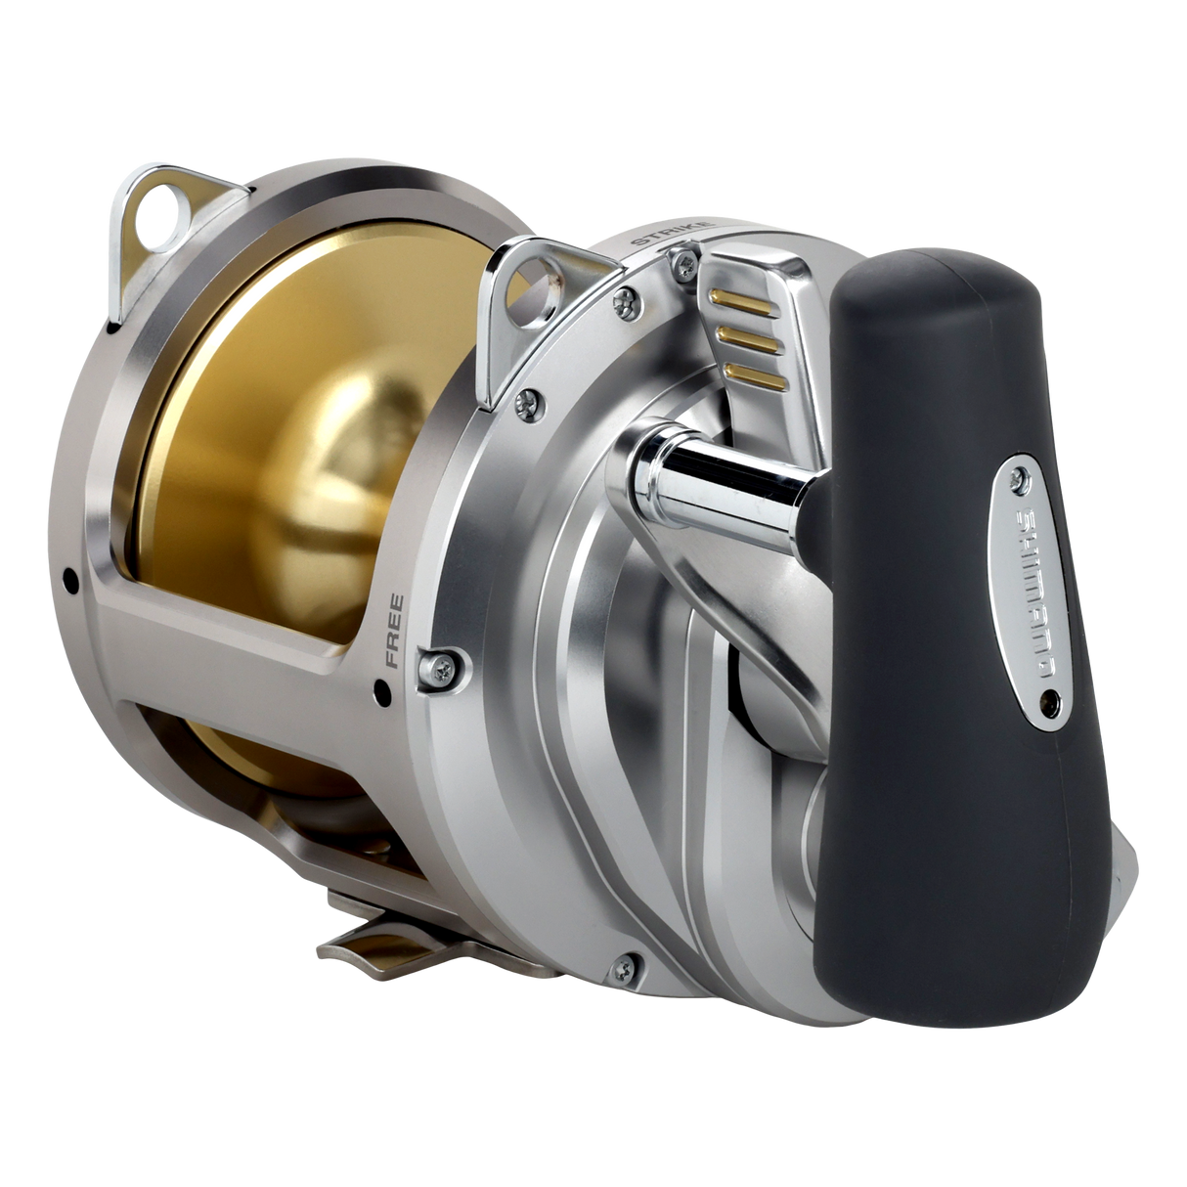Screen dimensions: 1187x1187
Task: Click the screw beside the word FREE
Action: point(434,666)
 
